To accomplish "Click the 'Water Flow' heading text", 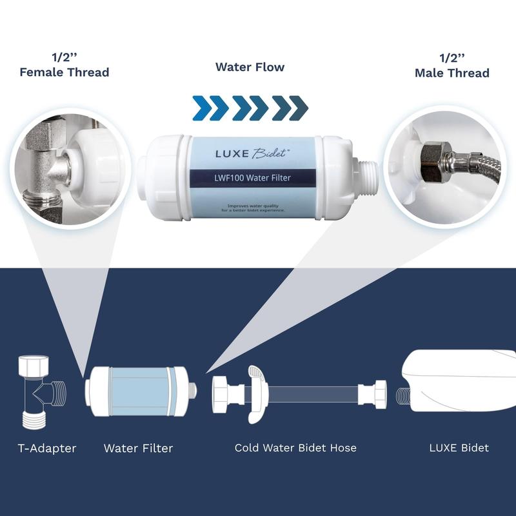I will pyautogui.click(x=250, y=67).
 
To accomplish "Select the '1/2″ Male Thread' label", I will pyautogui.click(x=451, y=66).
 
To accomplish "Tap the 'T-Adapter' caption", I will pyautogui.click(x=46, y=448).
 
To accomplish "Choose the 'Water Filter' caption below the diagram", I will pyautogui.click(x=138, y=448).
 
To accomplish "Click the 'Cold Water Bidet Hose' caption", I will pyautogui.click(x=295, y=448).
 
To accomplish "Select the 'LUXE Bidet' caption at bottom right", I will pyautogui.click(x=459, y=448).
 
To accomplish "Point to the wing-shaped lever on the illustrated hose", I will pyautogui.click(x=253, y=393).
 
